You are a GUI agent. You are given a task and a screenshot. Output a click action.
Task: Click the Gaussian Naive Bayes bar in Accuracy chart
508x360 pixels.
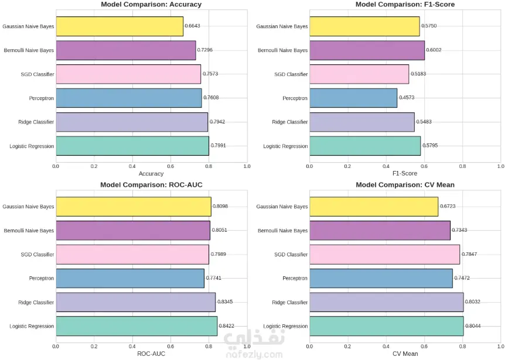pyautogui.click(x=120, y=26)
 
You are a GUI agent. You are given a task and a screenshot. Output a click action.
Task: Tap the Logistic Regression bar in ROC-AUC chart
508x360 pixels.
pyautogui.click(x=137, y=326)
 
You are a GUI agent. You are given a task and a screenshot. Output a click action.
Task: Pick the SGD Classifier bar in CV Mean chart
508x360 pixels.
pyautogui.click(x=384, y=255)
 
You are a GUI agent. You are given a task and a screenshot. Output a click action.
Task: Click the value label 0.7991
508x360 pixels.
pyautogui.click(x=219, y=146)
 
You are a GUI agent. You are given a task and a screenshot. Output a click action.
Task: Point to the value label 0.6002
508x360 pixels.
pyautogui.click(x=434, y=50)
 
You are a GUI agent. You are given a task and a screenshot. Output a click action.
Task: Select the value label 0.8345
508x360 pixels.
pyautogui.click(x=225, y=302)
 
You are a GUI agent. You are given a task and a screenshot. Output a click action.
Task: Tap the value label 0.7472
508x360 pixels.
pyautogui.click(x=462, y=278)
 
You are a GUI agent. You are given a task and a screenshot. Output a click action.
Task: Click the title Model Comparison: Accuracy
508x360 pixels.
pyautogui.click(x=151, y=5)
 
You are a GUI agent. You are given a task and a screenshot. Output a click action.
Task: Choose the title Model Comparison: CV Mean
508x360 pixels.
pyautogui.click(x=405, y=185)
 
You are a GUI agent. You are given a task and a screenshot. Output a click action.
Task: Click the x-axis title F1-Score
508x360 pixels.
pyautogui.click(x=405, y=174)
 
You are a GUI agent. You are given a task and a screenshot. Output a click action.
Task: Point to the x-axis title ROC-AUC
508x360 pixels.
pyautogui.click(x=151, y=354)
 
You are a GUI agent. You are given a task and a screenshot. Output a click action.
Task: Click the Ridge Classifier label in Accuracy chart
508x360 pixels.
pyautogui.click(x=36, y=122)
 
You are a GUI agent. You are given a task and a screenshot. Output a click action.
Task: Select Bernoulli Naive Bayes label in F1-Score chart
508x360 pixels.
pyautogui.click(x=283, y=50)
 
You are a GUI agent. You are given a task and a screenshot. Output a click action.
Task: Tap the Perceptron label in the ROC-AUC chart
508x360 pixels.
pyautogui.click(x=42, y=279)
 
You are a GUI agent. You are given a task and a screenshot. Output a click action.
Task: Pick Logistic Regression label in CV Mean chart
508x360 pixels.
pyautogui.click(x=285, y=326)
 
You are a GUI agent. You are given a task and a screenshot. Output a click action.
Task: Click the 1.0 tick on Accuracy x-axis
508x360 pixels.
pyautogui.click(x=247, y=166)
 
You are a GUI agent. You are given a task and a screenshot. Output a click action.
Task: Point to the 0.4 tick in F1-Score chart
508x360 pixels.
pyautogui.click(x=386, y=166)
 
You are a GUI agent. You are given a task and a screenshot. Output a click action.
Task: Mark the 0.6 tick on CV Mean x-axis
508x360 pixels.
pyautogui.click(x=424, y=347)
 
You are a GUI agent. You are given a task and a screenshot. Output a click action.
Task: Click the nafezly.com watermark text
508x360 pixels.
pyautogui.click(x=265, y=355)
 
